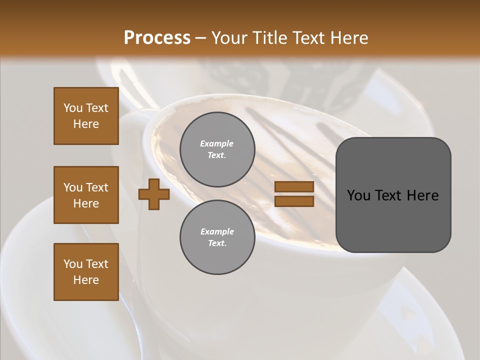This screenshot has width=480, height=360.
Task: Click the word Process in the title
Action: click(157, 37)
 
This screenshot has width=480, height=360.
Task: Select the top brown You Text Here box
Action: click(86, 116)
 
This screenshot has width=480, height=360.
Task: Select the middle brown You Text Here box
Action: click(86, 195)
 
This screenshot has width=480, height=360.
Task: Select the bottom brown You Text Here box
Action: click(86, 272)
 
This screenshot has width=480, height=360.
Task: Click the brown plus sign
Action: click(154, 194)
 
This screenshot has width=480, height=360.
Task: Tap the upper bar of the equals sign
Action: click(294, 186)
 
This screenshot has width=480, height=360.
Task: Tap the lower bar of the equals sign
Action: click(294, 201)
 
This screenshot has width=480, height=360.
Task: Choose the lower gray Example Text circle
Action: click(217, 237)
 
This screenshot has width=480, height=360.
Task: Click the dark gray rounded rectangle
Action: click(393, 220)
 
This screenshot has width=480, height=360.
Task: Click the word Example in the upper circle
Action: click(217, 143)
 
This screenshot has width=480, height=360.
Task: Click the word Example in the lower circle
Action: click(217, 231)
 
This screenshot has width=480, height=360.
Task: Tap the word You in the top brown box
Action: click(73, 108)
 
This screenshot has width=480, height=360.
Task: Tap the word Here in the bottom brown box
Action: click(86, 280)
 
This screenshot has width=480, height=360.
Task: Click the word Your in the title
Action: click(228, 37)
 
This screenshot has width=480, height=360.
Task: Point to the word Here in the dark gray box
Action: click(422, 195)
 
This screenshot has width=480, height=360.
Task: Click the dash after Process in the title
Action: click(201, 38)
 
